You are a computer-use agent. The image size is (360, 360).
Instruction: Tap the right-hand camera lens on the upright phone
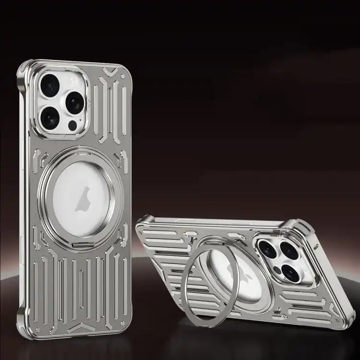tap(74, 103)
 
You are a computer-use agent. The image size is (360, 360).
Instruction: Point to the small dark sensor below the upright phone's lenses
tap(72, 126)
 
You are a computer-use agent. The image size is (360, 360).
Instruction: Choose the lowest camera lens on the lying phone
tap(290, 273)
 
